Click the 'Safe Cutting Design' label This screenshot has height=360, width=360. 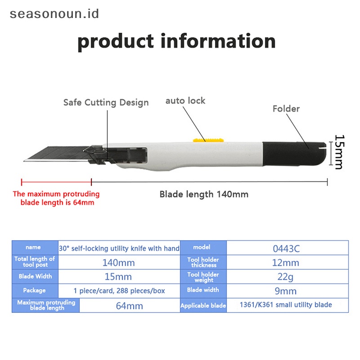pyautogui.click(x=106, y=103)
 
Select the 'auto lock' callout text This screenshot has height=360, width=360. pyautogui.click(x=185, y=100)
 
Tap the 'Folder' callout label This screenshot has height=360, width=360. pyautogui.click(x=286, y=108)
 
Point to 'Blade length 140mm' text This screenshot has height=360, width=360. pyautogui.click(x=204, y=194)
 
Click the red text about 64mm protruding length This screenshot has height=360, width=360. pyautogui.click(x=56, y=198)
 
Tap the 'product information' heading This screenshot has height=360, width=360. pyautogui.click(x=176, y=41)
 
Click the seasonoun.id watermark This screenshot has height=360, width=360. pyautogui.click(x=54, y=13)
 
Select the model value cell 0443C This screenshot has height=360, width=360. pyautogui.click(x=287, y=248)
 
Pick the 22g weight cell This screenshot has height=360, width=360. pyautogui.click(x=287, y=277)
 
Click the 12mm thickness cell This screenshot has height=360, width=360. pyautogui.click(x=287, y=262)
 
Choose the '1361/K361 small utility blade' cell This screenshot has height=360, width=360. pyautogui.click(x=287, y=305)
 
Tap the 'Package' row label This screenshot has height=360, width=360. pyautogui.click(x=35, y=290)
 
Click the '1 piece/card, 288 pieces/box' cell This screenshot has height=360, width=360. pyautogui.click(x=119, y=291)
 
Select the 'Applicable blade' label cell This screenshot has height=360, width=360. pyautogui.click(x=203, y=306)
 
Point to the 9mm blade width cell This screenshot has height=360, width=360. pyautogui.click(x=287, y=291)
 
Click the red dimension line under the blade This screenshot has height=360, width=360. pyautogui.click(x=56, y=182)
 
